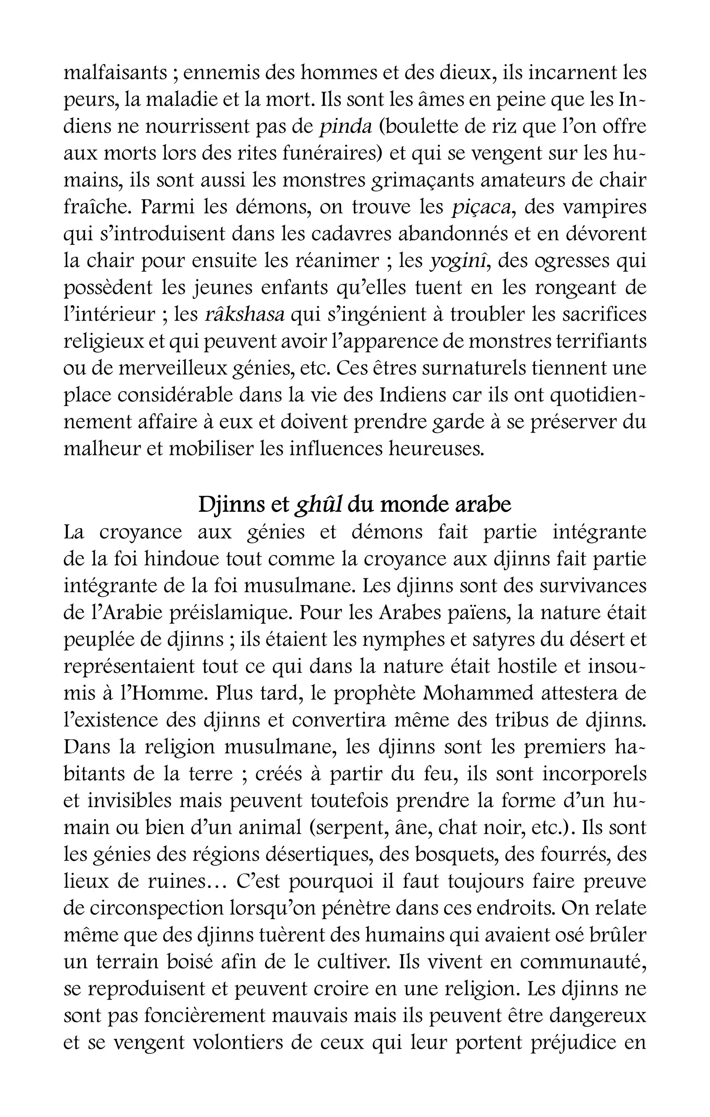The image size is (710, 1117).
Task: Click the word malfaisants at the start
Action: coord(115,73)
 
